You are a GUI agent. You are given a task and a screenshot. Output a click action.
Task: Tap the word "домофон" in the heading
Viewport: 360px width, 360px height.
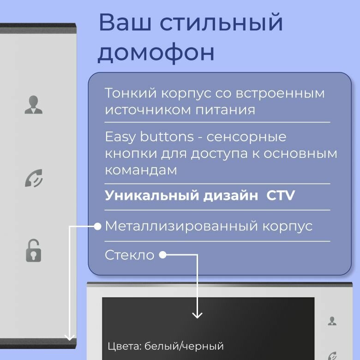coord(156,53)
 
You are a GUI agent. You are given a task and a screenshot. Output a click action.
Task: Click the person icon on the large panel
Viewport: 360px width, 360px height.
coord(33,105)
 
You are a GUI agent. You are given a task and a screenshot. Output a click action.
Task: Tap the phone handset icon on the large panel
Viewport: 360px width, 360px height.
coord(34,178)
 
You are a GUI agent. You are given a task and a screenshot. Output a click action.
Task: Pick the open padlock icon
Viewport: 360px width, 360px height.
coord(33,251)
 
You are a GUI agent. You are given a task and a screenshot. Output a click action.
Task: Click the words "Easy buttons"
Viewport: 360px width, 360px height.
coord(149,137)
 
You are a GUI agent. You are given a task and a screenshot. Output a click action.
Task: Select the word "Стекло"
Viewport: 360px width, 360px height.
coord(129,255)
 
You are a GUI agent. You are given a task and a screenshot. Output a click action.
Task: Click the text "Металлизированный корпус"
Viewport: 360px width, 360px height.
coord(209,226)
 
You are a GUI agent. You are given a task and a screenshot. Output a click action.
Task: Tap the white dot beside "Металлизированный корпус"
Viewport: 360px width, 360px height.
coord(97,226)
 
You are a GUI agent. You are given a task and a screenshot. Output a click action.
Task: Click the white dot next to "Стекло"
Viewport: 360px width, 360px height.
coord(162,255)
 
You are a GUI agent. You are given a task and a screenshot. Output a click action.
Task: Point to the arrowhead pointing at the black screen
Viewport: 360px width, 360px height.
coord(197,315)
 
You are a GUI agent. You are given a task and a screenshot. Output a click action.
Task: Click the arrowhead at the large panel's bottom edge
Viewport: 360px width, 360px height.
coord(70,337)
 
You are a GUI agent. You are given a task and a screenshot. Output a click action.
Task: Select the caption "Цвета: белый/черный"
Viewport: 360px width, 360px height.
coord(165,346)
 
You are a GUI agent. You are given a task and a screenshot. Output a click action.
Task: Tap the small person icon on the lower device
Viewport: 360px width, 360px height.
coord(332,321)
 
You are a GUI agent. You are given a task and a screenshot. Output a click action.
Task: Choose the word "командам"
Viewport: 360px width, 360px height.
coord(141,170)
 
